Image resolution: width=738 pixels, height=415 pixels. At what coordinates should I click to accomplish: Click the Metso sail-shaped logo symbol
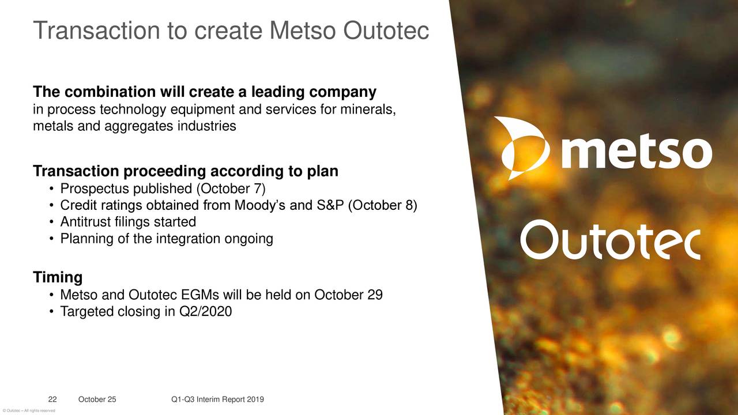(x=522, y=148)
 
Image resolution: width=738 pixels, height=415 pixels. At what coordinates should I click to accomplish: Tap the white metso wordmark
(x=636, y=152)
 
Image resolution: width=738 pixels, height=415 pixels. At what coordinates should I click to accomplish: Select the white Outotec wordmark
(x=611, y=240)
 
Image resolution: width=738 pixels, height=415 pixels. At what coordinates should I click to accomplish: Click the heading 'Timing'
(x=58, y=277)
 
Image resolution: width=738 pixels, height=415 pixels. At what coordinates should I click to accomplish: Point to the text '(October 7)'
(x=231, y=189)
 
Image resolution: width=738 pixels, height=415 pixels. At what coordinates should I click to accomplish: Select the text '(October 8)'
(x=382, y=206)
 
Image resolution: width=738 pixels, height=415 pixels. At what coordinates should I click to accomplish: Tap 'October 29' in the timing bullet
(x=348, y=295)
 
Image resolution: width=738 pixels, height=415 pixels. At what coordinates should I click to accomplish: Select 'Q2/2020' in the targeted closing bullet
(x=205, y=312)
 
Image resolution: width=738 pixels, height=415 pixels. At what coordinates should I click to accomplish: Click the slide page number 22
(x=52, y=399)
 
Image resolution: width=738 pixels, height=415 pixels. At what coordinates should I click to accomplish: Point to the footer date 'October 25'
(x=97, y=399)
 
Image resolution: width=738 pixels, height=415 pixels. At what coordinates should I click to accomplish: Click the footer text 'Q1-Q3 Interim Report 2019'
(x=217, y=399)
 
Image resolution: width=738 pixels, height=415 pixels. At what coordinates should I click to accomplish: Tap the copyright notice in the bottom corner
(x=29, y=411)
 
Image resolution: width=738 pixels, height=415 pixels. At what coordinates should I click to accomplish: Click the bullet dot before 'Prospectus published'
(x=51, y=189)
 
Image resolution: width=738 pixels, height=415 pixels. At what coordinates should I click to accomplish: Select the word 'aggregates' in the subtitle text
(x=139, y=126)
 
